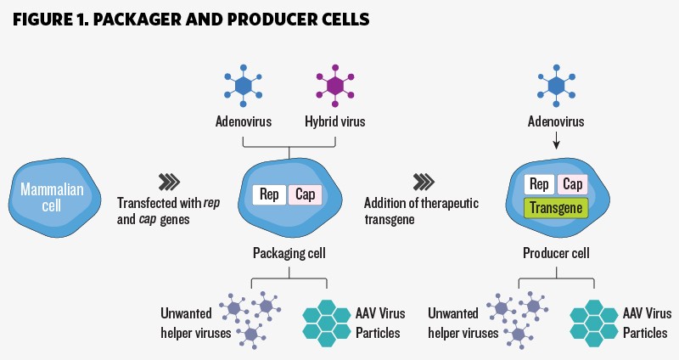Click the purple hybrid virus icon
[336, 85]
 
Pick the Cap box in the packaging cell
[306, 194]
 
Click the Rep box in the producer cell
[538, 184]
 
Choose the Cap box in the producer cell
[572, 184]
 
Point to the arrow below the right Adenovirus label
[556, 141]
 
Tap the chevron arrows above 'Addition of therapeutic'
[424, 181]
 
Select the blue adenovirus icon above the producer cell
[556, 85]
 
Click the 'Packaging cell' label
[289, 253]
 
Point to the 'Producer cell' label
[556, 253]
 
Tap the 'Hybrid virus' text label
[335, 121]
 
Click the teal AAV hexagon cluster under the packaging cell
[328, 320]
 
